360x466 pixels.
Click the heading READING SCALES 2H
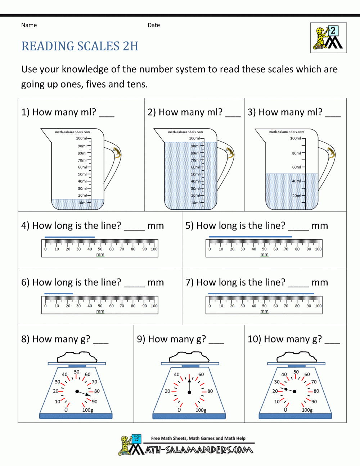tap(80, 46)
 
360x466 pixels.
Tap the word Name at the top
tap(29, 25)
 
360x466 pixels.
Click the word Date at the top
tap(154, 25)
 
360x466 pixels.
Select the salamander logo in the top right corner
tap(328, 38)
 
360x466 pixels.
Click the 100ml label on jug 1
tap(81, 138)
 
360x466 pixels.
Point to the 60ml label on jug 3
tap(297, 167)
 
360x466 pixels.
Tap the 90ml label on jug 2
tap(195, 146)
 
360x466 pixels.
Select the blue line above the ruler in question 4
tap(70, 237)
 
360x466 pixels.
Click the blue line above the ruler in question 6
tap(59, 294)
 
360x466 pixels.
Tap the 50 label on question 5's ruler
tap(264, 249)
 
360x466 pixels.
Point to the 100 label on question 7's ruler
tap(318, 306)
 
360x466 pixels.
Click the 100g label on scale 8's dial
tap(88, 410)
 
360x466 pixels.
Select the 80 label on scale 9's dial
tap(210, 391)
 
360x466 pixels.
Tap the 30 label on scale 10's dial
tap(277, 382)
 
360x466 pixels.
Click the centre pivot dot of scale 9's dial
tap(189, 392)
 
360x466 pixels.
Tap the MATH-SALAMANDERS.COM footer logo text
tap(199, 450)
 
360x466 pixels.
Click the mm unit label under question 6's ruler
tap(100, 312)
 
